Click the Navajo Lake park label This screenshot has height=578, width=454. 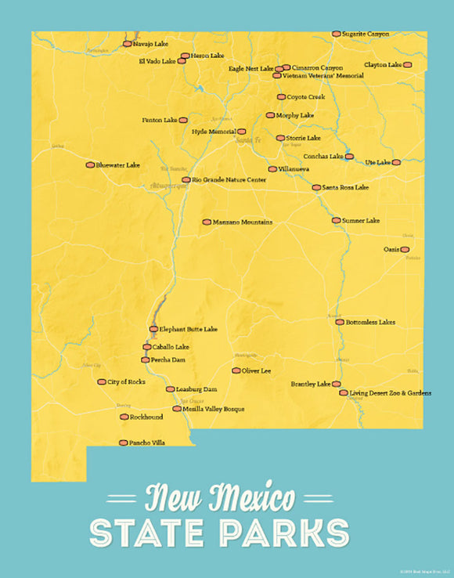[x=151, y=44]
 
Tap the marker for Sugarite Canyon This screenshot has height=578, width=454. [x=337, y=34]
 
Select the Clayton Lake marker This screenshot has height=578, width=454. [x=407, y=65]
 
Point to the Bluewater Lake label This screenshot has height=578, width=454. [x=118, y=165]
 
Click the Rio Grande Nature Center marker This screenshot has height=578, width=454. [x=186, y=179]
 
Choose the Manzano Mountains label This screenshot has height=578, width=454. [x=243, y=222]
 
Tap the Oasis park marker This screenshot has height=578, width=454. [x=405, y=250]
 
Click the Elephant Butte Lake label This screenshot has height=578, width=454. [x=189, y=329]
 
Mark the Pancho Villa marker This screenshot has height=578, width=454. [x=123, y=443]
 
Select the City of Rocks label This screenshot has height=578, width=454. [x=126, y=381]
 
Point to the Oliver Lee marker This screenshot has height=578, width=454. [x=236, y=370]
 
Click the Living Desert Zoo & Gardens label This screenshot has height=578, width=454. [x=391, y=392]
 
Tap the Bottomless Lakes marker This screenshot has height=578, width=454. [x=340, y=322]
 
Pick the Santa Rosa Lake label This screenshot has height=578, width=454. [x=345, y=188]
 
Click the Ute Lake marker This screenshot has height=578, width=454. [x=396, y=162]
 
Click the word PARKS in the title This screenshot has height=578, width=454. [x=284, y=533]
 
